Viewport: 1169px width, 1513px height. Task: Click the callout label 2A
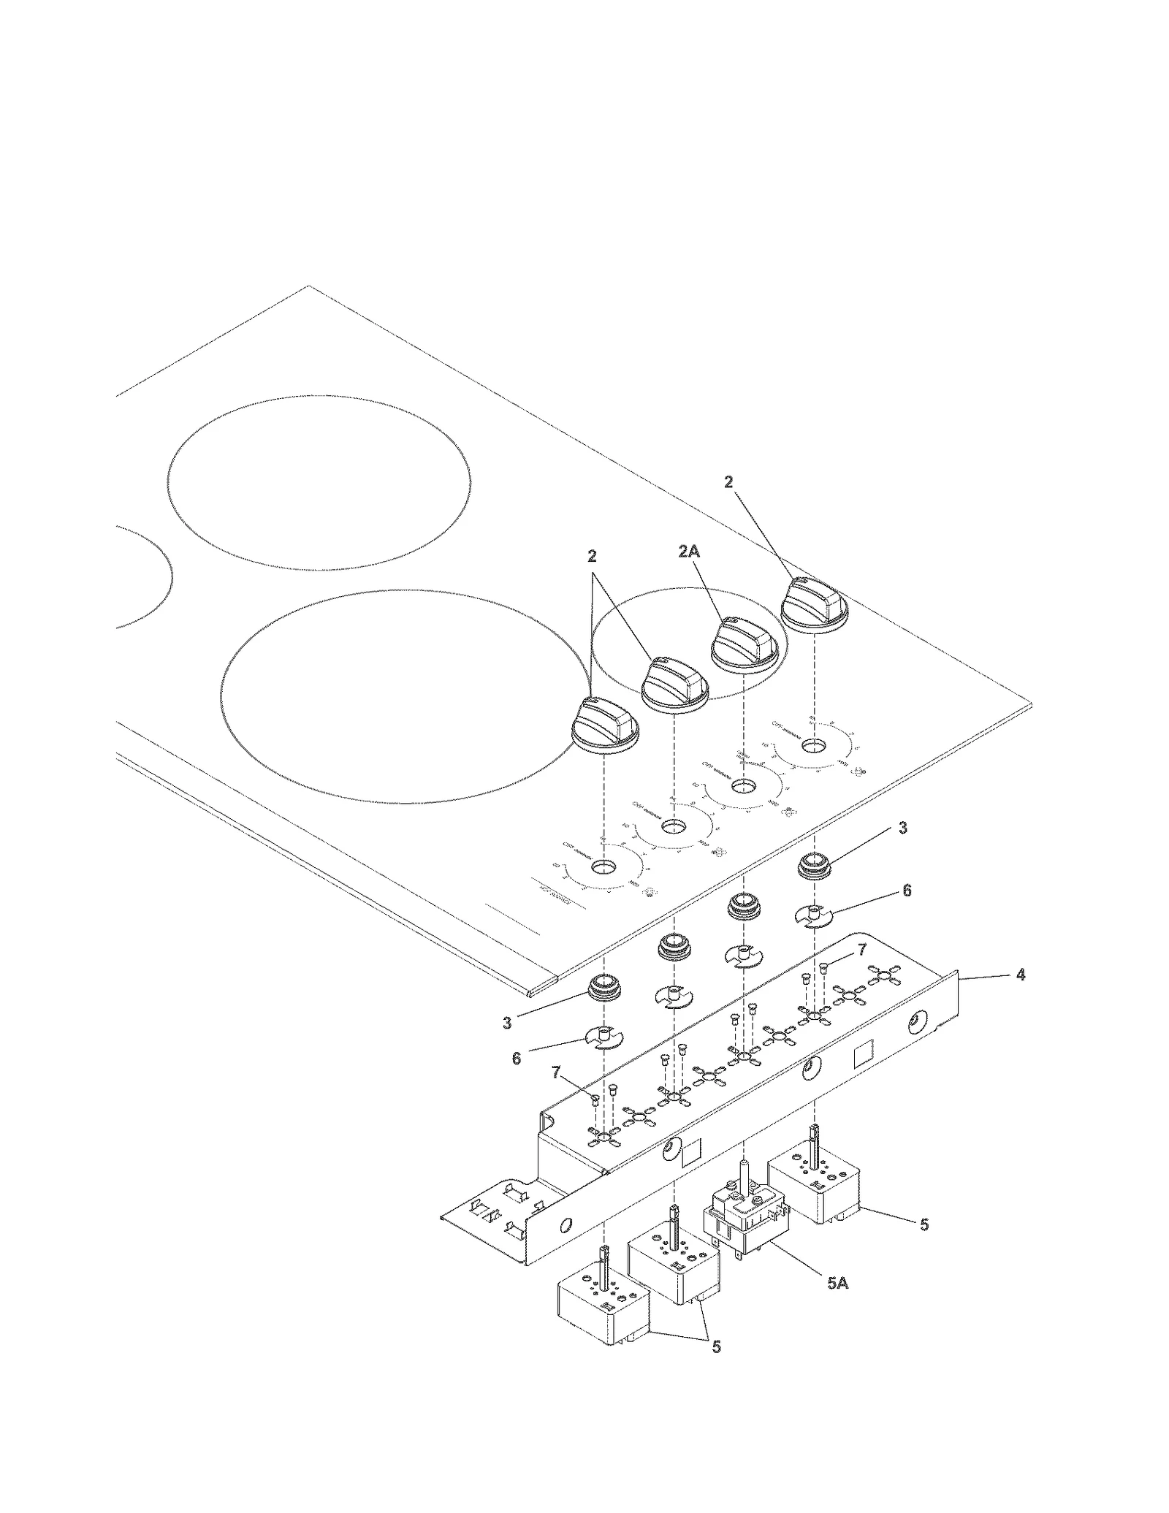(688, 552)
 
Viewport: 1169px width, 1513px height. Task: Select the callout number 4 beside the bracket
(1021, 975)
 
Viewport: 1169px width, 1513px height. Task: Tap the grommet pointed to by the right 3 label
(813, 867)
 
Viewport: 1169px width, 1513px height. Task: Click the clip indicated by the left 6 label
(603, 1037)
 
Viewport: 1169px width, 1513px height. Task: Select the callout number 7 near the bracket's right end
(861, 950)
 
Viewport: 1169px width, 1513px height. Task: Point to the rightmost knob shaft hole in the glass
(812, 746)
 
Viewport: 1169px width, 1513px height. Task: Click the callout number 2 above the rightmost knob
(728, 482)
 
